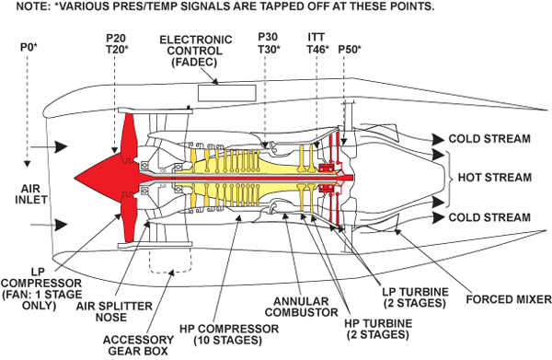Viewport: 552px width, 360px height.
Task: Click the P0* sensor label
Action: pyautogui.click(x=29, y=47)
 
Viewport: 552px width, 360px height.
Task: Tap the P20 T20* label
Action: pyautogui.click(x=117, y=43)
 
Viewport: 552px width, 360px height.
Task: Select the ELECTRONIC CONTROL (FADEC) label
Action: pyautogui.click(x=196, y=51)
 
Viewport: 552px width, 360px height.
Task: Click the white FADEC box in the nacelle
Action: pyautogui.click(x=226, y=93)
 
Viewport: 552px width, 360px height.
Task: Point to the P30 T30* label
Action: pyautogui.click(x=269, y=43)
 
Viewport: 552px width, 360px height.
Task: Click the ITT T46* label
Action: pyautogui.click(x=317, y=43)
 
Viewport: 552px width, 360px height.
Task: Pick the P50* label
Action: pyautogui.click(x=350, y=50)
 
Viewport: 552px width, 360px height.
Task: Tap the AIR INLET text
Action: pyautogui.click(x=31, y=194)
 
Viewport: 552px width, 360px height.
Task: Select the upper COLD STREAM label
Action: pyautogui.click(x=489, y=139)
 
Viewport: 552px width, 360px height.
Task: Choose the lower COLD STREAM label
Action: pyautogui.click(x=489, y=217)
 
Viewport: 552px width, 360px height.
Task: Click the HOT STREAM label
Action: pyautogui.click(x=495, y=177)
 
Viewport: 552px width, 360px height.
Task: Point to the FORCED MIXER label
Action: pyautogui.click(x=509, y=299)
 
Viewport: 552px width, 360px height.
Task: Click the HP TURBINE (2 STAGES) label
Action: pyautogui.click(x=378, y=329)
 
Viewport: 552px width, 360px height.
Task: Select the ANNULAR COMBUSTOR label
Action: pyautogui.click(x=302, y=307)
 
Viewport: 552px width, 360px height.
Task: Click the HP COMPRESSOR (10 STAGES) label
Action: pyautogui.click(x=229, y=334)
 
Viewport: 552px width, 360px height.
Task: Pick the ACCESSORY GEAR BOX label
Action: pyautogui.click(x=138, y=345)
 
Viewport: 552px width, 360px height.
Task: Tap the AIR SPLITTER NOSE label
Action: pyautogui.click(x=114, y=312)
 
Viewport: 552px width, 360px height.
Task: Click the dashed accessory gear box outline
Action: pyautogui.click(x=171, y=273)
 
